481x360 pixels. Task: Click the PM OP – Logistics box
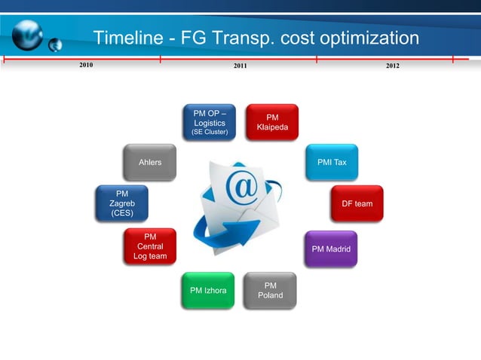point(210,123)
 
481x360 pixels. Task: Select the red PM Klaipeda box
point(272,122)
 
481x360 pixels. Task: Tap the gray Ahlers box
point(150,162)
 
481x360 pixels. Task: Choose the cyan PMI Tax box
point(332,162)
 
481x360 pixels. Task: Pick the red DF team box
point(357,203)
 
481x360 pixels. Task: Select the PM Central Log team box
point(150,246)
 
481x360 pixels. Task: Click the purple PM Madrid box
point(331,249)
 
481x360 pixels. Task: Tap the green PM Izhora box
point(209,290)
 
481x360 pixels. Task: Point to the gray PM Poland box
point(271,290)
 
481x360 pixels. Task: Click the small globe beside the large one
point(54,46)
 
